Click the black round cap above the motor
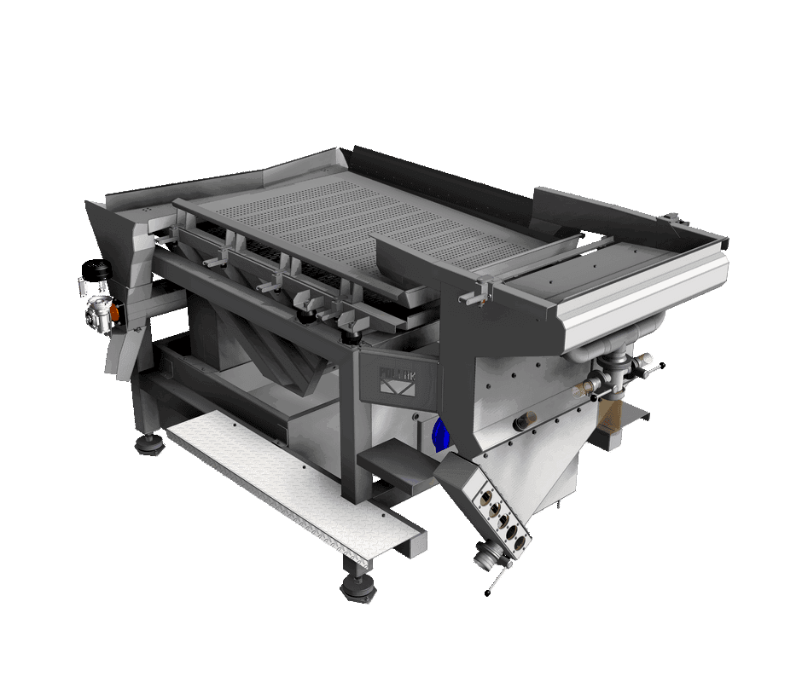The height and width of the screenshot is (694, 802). coord(95,272)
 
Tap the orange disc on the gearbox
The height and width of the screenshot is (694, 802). coord(119,315)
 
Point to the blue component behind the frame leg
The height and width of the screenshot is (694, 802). coord(440,435)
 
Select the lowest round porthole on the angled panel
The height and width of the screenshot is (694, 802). coord(514,535)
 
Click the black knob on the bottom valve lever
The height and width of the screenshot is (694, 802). coord(489,591)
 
